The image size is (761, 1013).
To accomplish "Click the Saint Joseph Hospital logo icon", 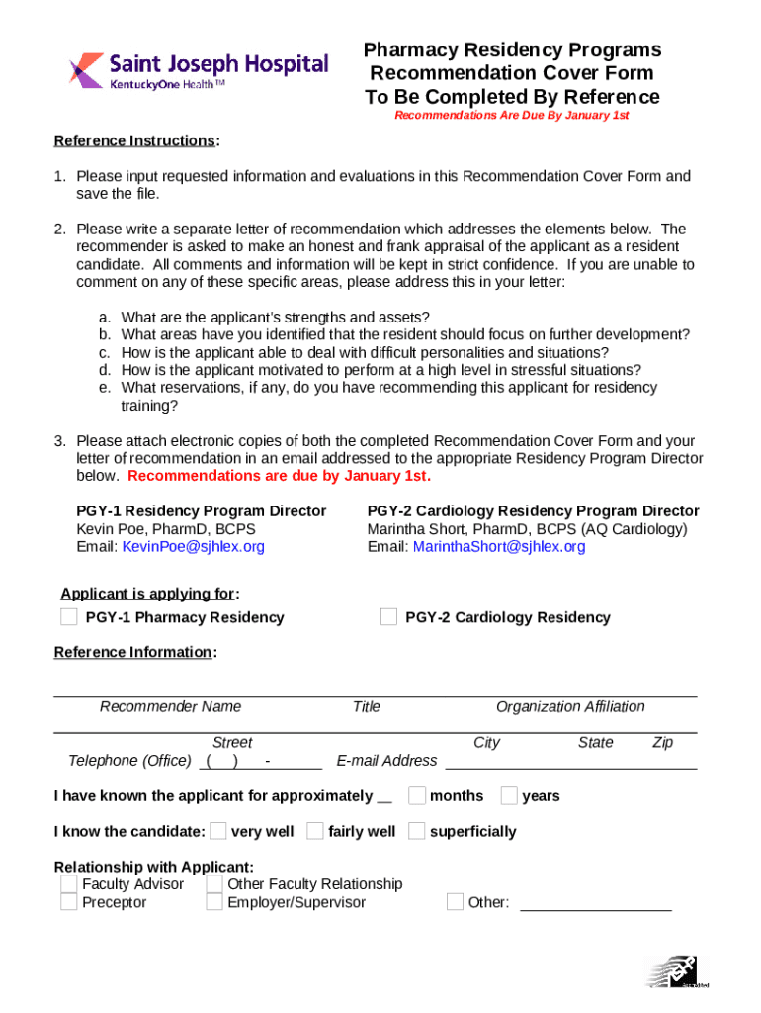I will click(x=87, y=69).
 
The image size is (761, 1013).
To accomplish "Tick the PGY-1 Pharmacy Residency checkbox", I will click(x=68, y=617).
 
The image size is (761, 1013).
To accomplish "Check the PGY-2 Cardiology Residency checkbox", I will click(x=388, y=617).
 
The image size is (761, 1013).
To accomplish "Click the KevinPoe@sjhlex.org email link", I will click(x=193, y=547).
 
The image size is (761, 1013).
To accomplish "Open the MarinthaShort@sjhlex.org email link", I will click(x=499, y=547).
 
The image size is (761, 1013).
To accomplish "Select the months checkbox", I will click(x=417, y=795).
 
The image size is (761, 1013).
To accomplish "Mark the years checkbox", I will click(x=509, y=795).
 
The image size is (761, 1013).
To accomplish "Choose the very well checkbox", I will click(x=218, y=831).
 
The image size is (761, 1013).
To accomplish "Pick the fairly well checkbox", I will click(x=315, y=831).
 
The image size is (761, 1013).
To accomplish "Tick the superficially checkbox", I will click(x=417, y=831).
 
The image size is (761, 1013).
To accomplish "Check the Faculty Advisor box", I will click(x=68, y=883).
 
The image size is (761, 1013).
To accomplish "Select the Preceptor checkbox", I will click(x=68, y=902).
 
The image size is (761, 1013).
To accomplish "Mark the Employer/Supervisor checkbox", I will click(x=214, y=902).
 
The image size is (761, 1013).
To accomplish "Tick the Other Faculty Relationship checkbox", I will click(x=214, y=883).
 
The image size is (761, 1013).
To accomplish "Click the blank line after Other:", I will click(x=595, y=905).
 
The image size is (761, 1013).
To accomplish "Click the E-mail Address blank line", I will click(x=571, y=764).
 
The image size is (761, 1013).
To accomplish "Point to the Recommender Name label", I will click(x=170, y=706).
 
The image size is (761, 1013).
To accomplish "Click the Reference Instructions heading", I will click(x=133, y=140).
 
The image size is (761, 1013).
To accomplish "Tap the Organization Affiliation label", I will click(x=570, y=706).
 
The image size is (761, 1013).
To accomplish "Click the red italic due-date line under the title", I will click(x=511, y=116).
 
